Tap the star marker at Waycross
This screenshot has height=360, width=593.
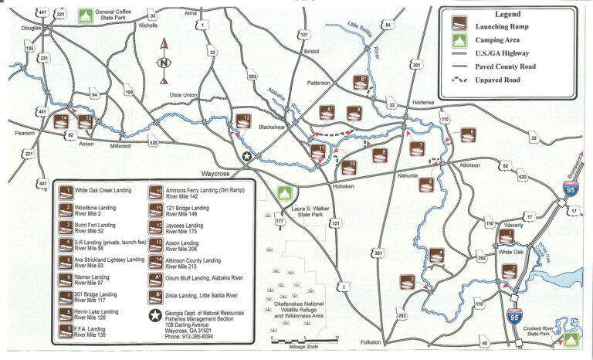[x=247, y=158]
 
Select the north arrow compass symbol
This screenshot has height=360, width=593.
[x=164, y=62]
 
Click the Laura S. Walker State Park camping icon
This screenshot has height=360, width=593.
[x=284, y=193]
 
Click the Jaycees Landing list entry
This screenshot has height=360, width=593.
[x=183, y=229]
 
